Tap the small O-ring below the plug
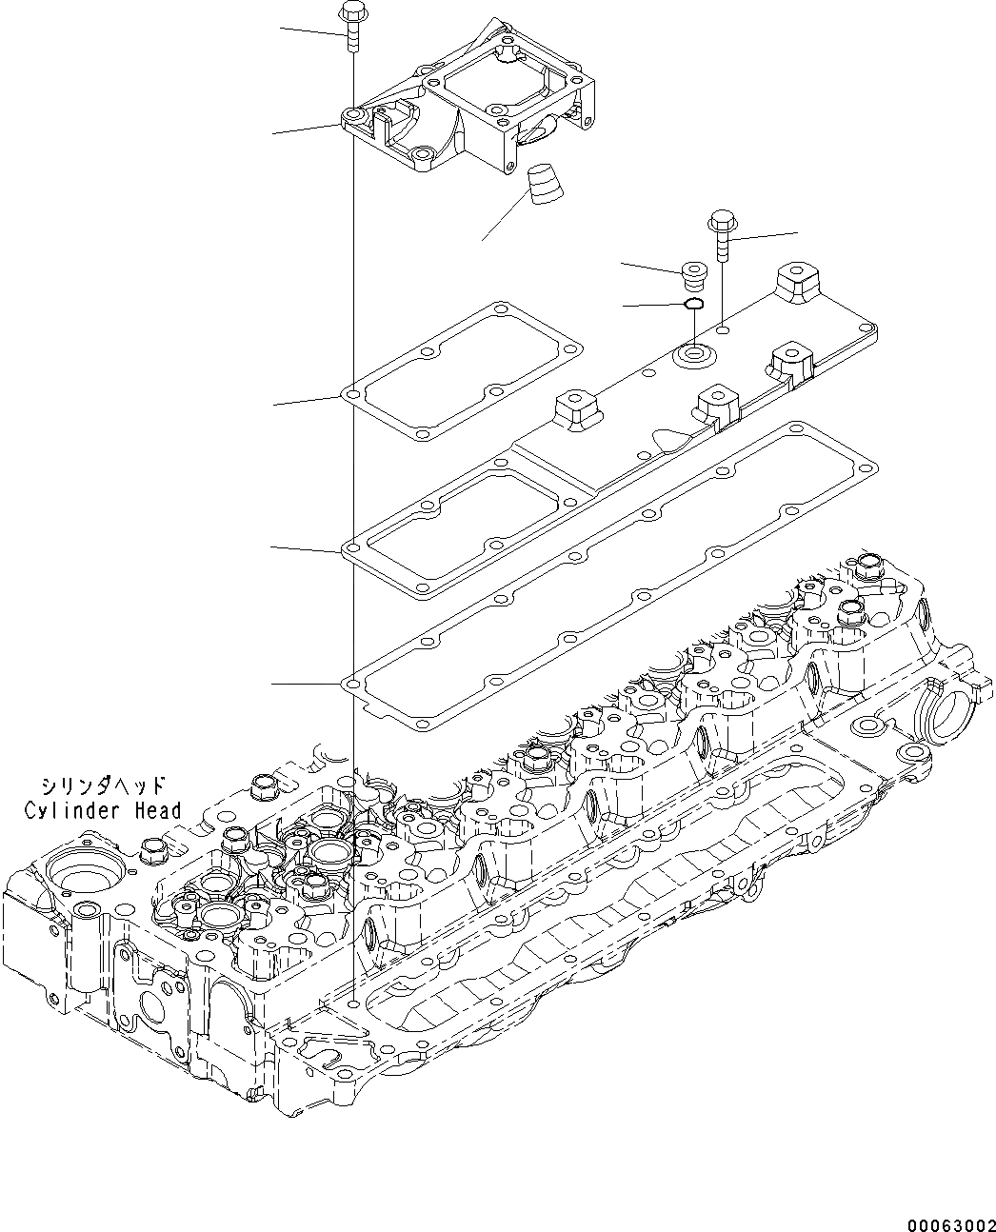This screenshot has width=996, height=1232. pos(694,305)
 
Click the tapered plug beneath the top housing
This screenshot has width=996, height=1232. pos(545,184)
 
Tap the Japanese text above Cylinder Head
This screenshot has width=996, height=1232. pos(103,785)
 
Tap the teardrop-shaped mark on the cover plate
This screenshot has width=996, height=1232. pos(670,440)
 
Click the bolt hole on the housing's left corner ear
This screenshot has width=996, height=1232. pos(353,116)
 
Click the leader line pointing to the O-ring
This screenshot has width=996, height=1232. pos(652,306)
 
